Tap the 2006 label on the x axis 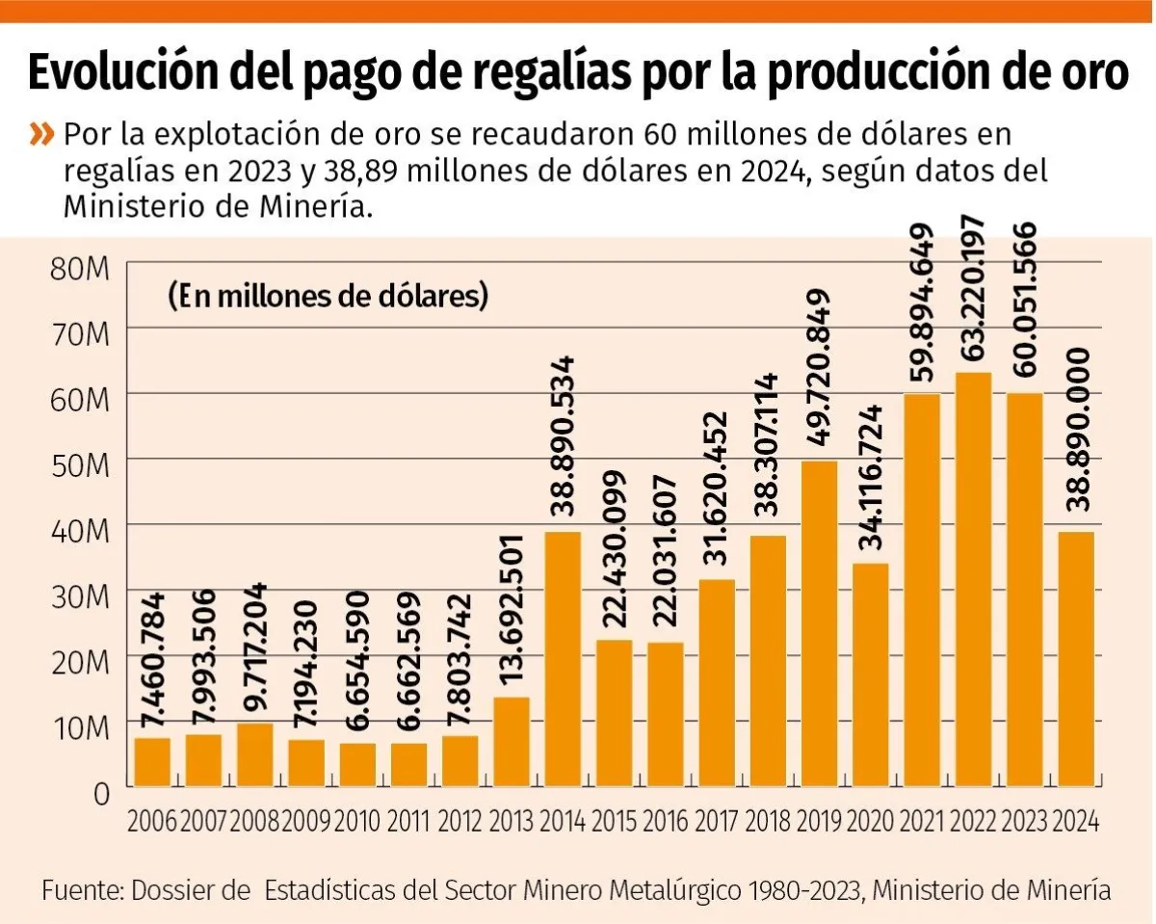point(152,822)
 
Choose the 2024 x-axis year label point(1076,822)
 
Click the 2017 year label point(717,822)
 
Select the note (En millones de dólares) point(328,296)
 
